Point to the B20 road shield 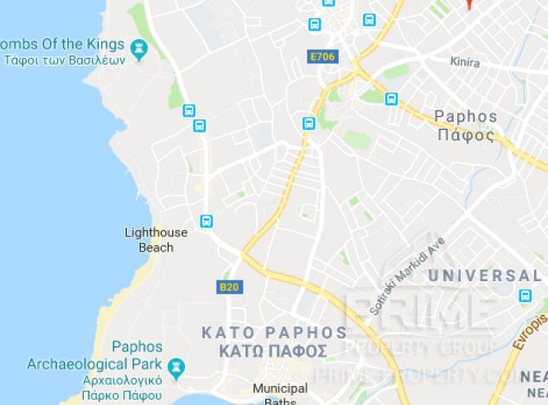[227, 286]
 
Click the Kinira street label [464, 62]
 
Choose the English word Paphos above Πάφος [466, 117]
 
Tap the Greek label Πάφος [466, 135]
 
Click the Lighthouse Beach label [156, 240]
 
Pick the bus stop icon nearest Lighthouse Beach [206, 221]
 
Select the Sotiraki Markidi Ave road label [406, 275]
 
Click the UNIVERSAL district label [484, 276]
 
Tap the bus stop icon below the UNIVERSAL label [526, 296]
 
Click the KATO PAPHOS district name [273, 332]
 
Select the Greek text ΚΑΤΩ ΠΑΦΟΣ [273, 351]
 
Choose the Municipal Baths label [274, 395]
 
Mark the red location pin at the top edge [468, 3]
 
